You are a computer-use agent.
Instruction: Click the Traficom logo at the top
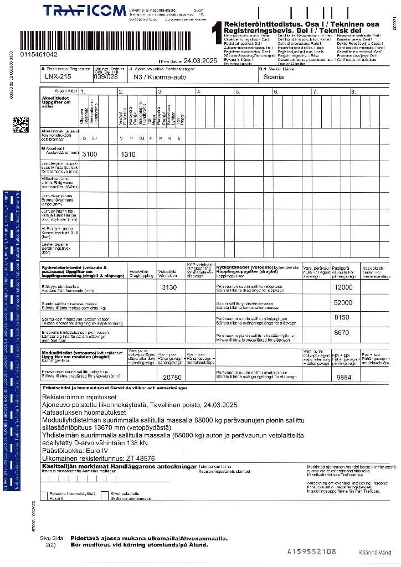coord(84,11)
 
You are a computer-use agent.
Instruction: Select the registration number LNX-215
coord(58,77)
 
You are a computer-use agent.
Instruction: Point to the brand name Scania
coord(274,77)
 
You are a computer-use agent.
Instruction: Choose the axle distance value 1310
coord(128,154)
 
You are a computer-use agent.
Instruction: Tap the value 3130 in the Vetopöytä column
coord(169,287)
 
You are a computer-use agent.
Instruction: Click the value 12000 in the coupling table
coord(343,287)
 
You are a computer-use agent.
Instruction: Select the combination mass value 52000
coord(343,303)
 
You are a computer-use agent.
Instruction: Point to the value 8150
coord(342,317)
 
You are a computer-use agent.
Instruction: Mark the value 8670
coord(342,333)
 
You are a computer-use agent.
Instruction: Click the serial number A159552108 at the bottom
coord(312,551)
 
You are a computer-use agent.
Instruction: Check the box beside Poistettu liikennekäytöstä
coord(45,493)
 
